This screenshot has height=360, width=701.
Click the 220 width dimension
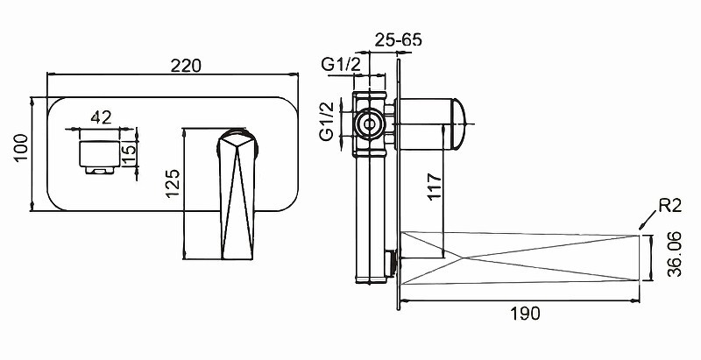point(186,66)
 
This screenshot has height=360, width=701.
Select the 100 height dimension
point(21,148)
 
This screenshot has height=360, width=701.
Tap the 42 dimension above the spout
point(101,117)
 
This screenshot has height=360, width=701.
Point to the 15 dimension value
point(128,155)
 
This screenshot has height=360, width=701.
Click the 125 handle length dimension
point(173,184)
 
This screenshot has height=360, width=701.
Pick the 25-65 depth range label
point(398,39)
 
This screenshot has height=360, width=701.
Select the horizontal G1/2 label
point(341,65)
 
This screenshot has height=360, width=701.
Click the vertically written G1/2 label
point(328,121)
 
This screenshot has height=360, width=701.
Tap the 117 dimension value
point(435,187)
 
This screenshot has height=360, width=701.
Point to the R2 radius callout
point(669,206)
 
